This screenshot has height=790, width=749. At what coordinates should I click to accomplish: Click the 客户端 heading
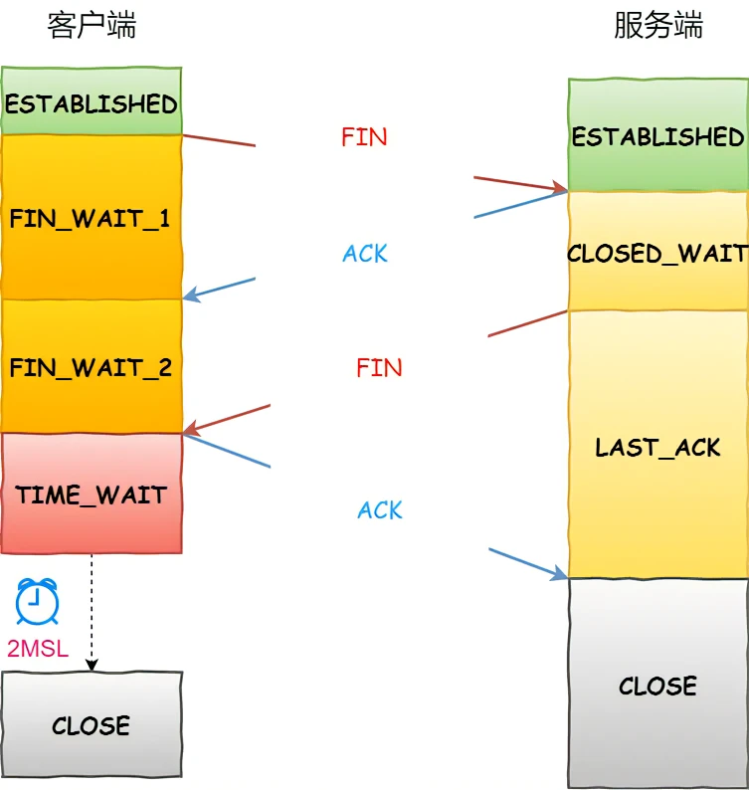coord(92,26)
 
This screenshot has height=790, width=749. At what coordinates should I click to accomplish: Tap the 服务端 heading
coord(657,26)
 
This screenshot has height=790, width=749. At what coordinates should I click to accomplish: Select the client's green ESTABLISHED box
coord(92,102)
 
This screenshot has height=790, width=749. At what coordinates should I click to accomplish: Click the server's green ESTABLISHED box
coord(657,136)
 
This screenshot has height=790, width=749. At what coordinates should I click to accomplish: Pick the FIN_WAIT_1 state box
coord(92,218)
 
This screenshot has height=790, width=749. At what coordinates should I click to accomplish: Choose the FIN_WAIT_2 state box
coord(92,367)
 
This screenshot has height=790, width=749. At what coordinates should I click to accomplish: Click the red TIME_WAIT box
coord(92,494)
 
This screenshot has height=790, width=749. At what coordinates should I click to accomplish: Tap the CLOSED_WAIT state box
coord(657,253)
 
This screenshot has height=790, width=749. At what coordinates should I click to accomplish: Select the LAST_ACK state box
coord(657,447)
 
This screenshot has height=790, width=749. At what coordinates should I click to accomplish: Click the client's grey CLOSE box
coord(92,724)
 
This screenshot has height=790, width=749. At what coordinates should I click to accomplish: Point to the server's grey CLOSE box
coord(657,686)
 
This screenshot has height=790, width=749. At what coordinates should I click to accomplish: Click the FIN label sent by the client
coord(364,137)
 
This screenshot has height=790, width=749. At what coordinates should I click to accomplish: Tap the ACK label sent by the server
coord(365,254)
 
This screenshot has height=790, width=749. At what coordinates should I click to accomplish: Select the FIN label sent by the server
coord(379,368)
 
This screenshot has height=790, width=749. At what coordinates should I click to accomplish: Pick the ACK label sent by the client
coord(380,510)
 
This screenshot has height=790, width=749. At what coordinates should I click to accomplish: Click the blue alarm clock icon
coord(37,601)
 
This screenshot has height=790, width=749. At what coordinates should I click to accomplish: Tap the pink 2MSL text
coord(38,650)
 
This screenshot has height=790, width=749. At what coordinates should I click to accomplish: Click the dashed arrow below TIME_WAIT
coord(92,612)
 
